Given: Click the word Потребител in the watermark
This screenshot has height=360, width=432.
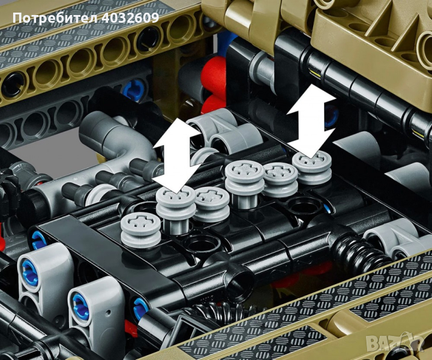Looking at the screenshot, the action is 55,18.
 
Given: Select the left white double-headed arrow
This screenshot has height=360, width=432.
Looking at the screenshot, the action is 177,155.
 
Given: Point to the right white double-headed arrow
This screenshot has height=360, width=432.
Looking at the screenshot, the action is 311,121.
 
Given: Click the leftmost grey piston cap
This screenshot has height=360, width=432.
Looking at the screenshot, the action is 140,229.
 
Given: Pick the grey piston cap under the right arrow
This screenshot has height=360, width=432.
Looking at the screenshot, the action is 311,168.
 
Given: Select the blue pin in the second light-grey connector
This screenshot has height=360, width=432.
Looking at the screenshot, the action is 80,306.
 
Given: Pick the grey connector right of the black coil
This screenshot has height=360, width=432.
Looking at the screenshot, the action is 394,240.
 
